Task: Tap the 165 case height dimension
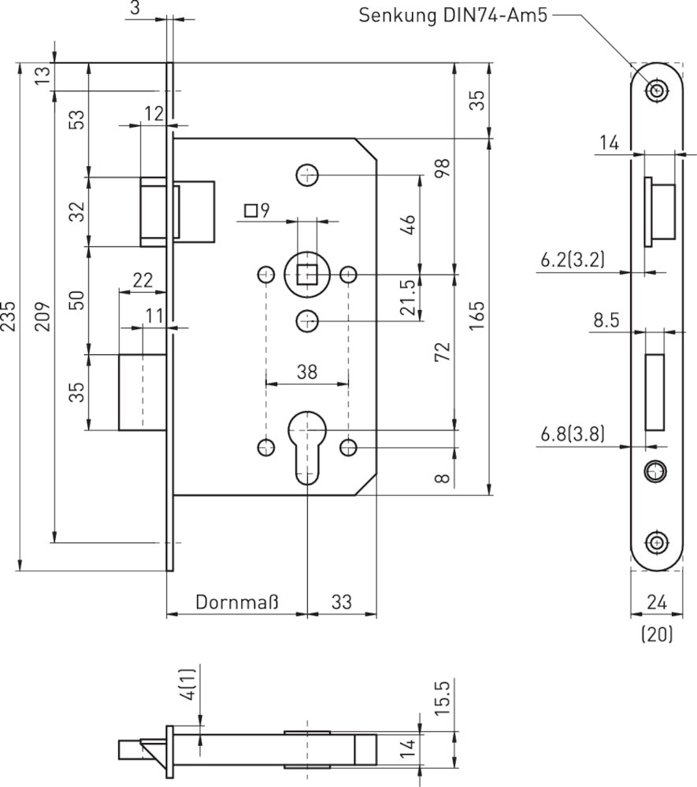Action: pyautogui.click(x=477, y=316)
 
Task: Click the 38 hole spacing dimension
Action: pyautogui.click(x=307, y=372)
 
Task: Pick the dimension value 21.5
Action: pyautogui.click(x=408, y=297)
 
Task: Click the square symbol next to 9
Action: pyautogui.click(x=251, y=210)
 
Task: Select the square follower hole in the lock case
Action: pyautogui.click(x=307, y=275)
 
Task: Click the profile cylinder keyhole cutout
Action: pyautogui.click(x=307, y=449)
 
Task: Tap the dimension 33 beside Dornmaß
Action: pyautogui.click(x=342, y=603)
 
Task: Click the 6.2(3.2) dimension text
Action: pyautogui.click(x=573, y=260)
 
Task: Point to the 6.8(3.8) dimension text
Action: pyautogui.click(x=573, y=434)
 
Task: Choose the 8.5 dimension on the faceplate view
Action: pyautogui.click(x=606, y=320)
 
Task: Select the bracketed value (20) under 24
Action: pyautogui.click(x=657, y=634)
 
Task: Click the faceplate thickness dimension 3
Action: pyautogui.click(x=135, y=8)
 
